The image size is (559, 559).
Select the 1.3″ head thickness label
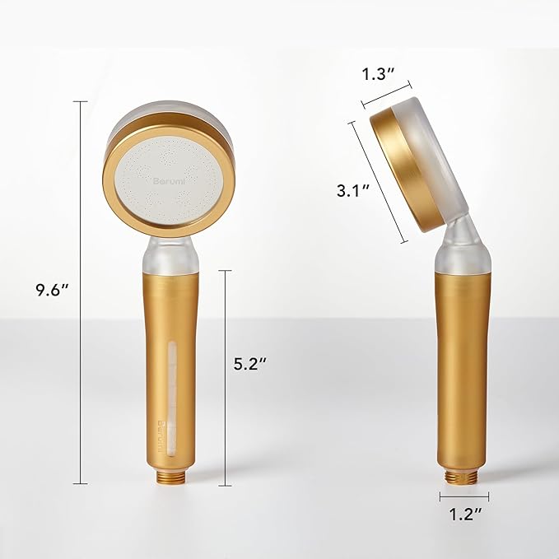coord(379,73)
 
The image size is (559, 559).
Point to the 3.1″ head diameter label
coord(352,191)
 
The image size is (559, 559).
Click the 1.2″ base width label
coord(464,517)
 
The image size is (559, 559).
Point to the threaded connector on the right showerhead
coord(464,475)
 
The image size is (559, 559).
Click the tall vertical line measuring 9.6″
coord(80,291)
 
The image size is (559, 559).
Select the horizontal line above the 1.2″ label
coord(464,496)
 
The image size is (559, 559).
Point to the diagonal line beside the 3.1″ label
coord(379,182)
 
